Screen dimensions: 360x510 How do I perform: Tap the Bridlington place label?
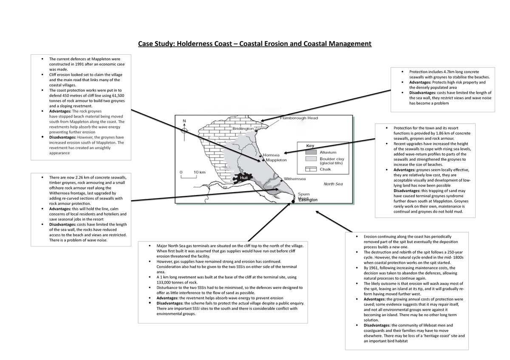pyautogui.click(x=243, y=128)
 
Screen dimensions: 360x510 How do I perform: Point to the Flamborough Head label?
pyautogui.click(x=298, y=119)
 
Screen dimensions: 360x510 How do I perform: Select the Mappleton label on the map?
pyautogui.click(x=276, y=160)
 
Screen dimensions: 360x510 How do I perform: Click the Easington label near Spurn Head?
pyautogui.click(x=308, y=200)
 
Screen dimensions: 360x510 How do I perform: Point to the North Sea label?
pyautogui.click(x=333, y=184)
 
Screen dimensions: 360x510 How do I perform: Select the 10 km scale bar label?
pyautogui.click(x=200, y=172)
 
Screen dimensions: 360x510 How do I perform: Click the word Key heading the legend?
pyautogui.click(x=311, y=146)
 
